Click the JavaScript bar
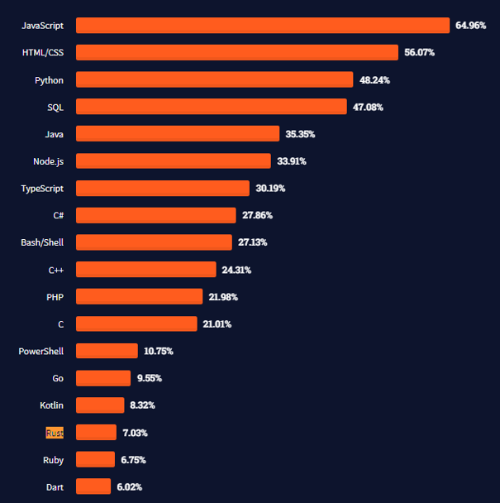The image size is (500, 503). tap(263, 26)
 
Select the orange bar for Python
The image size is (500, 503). tap(215, 79)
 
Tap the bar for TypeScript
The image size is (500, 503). tap(163, 189)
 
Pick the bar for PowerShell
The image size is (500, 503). tap(107, 351)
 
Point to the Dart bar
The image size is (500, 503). tap(93, 486)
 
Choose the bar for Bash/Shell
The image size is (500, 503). tap(154, 242)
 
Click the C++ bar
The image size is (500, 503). tap(145, 270)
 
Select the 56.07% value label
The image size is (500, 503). tap(420, 52)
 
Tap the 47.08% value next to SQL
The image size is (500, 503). tap(368, 107)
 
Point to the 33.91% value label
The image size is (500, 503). tap(292, 161)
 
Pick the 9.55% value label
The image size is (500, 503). tap(149, 378)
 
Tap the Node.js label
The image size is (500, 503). tap(49, 161)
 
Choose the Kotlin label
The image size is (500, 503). tap(51, 405)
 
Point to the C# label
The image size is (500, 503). tap(59, 215)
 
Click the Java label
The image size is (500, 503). tap(55, 134)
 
